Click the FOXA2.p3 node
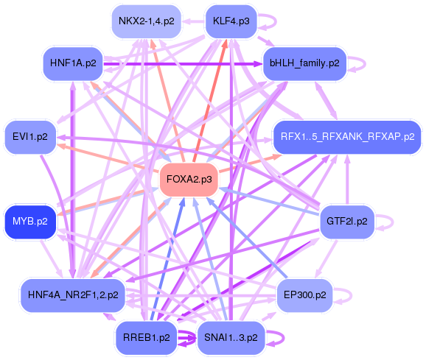[x=189, y=179]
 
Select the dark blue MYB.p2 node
[x=30, y=221]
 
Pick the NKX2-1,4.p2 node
[x=146, y=21]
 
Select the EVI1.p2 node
[x=30, y=137]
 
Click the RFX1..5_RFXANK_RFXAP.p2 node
[x=346, y=137]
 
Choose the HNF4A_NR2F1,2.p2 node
[x=72, y=294]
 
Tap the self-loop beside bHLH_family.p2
[x=358, y=63]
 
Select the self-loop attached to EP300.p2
[x=344, y=294]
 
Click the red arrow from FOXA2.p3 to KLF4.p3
[x=210, y=96]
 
